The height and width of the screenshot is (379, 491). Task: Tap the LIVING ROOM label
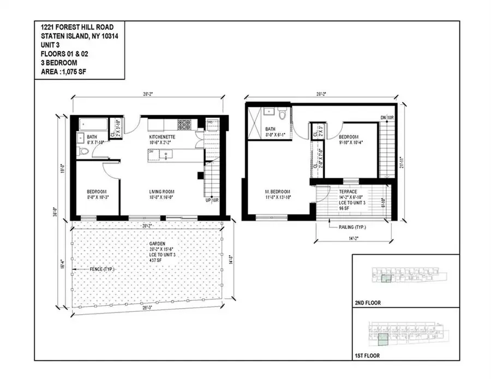pyautogui.click(x=162, y=191)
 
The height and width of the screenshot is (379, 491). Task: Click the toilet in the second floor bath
pyautogui.click(x=282, y=115)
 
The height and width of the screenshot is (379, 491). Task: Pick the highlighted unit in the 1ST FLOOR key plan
pyautogui.click(x=385, y=340)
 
